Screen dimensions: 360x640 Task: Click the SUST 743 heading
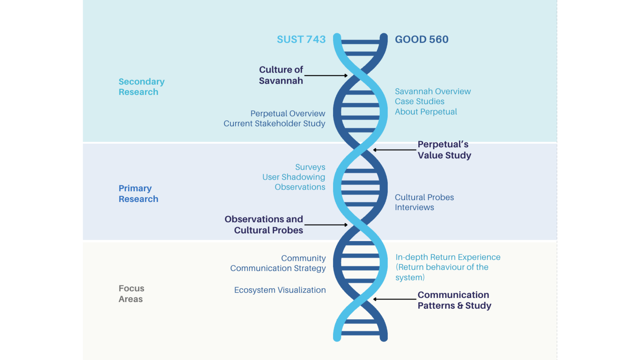301,39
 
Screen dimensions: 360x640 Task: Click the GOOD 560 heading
422,39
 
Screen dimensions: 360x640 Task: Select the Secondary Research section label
141,87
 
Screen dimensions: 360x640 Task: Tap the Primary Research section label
138,194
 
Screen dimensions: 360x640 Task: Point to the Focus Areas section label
131,294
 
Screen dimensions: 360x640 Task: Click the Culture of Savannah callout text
281,75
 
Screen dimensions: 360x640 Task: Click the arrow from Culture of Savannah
326,76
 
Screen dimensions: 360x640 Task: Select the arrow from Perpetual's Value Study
395,150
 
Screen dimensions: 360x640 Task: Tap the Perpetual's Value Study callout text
444,150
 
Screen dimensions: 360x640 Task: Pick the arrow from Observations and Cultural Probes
326,225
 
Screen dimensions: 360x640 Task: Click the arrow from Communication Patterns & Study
395,299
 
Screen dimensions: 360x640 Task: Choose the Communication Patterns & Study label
454,300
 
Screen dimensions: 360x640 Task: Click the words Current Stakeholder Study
274,124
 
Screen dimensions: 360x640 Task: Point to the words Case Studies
419,101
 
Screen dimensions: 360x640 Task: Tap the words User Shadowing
293,177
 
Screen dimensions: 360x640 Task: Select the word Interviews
414,207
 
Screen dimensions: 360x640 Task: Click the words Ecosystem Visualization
280,290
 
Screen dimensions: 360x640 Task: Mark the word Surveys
310,167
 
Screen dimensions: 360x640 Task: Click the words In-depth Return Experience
448,257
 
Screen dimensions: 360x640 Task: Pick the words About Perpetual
426,112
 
